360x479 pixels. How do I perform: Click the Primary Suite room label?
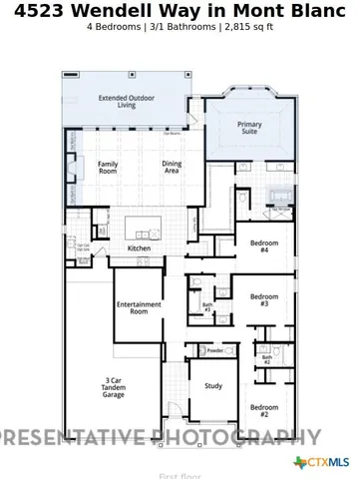(249, 129)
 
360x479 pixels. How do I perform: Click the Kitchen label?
(140, 247)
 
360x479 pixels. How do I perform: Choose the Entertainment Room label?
(139, 307)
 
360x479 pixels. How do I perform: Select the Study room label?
(213, 385)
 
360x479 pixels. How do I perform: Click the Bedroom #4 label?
(264, 246)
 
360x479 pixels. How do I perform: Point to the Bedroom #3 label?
(264, 299)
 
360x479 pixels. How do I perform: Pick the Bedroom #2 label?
(264, 410)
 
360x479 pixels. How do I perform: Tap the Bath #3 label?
(207, 307)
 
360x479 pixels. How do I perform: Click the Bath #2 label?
(266, 359)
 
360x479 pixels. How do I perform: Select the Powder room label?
(214, 351)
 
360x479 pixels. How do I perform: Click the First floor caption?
(180, 476)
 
